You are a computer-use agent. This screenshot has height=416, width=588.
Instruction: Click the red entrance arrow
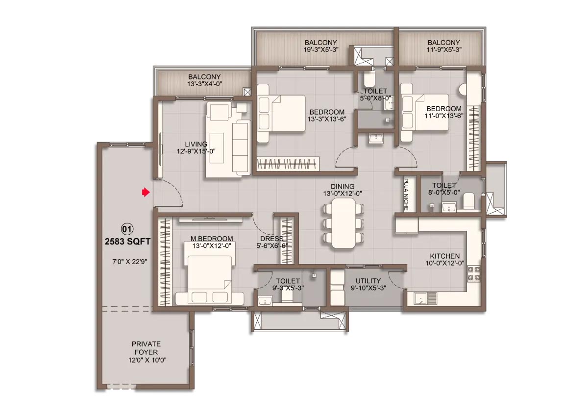click(x=146, y=193)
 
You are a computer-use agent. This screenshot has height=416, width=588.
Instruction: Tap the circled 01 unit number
click(x=127, y=229)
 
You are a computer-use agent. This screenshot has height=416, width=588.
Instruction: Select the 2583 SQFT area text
click(x=127, y=242)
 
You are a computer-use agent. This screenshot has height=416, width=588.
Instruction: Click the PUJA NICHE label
click(x=406, y=194)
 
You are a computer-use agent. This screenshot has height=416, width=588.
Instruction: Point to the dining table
click(x=343, y=223)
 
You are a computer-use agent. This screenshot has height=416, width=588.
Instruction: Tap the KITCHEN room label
click(x=445, y=256)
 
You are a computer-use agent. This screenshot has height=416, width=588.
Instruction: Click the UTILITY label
click(x=368, y=281)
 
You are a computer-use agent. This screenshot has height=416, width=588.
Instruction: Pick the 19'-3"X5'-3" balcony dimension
click(x=321, y=49)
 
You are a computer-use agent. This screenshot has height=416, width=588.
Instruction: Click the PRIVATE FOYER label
click(x=146, y=348)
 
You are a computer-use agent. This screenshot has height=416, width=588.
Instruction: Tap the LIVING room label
click(x=196, y=144)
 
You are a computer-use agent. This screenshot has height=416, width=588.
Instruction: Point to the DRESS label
click(x=271, y=239)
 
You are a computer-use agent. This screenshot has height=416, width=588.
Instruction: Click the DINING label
click(x=343, y=186)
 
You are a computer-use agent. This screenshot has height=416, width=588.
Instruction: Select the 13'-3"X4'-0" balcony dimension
click(x=205, y=84)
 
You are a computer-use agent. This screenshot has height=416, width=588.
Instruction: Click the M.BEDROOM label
click(x=212, y=239)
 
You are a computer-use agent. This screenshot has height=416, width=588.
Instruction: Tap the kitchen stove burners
click(x=473, y=273)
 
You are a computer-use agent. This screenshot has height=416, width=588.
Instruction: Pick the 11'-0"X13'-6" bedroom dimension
click(x=444, y=116)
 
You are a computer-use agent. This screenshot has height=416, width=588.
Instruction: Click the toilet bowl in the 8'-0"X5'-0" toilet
click(x=469, y=201)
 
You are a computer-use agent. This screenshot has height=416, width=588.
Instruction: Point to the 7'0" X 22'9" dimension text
click(x=130, y=262)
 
